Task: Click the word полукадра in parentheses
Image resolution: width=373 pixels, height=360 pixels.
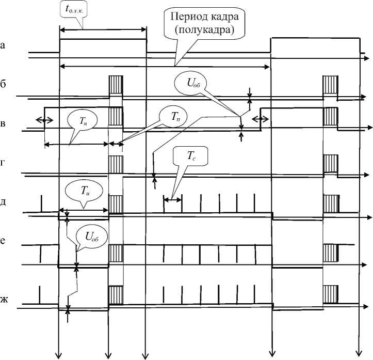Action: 204,30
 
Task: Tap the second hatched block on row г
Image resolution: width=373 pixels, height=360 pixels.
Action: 329,164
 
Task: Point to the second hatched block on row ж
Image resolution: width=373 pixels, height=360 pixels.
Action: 329,295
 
